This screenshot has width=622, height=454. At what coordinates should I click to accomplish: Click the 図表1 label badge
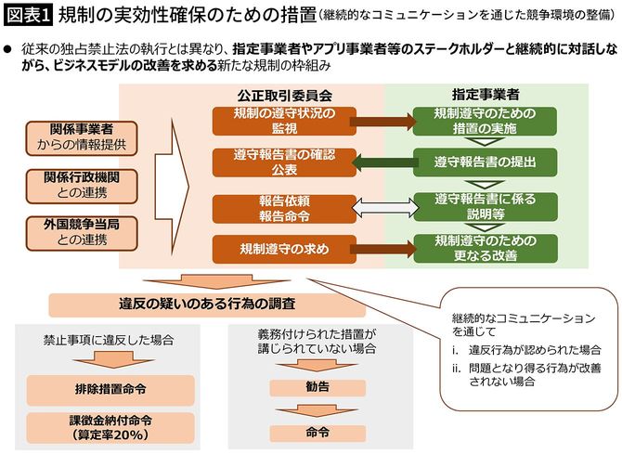(x=28, y=18)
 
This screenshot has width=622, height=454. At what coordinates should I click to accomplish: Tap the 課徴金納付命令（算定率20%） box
(x=110, y=424)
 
